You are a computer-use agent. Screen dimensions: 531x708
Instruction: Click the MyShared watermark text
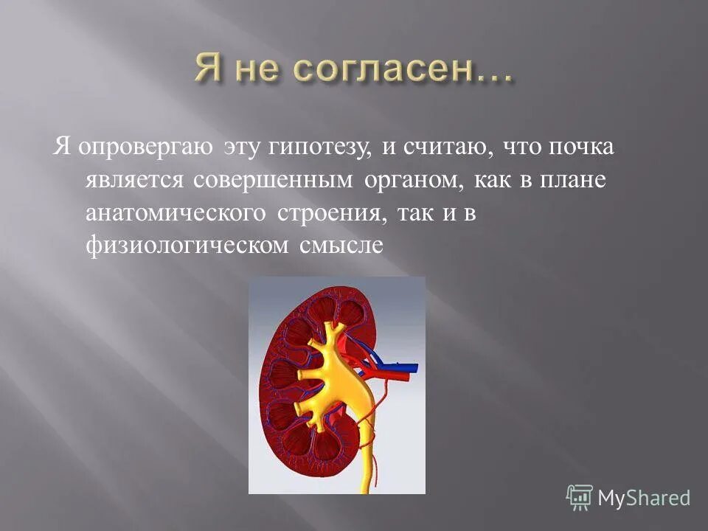coord(644,498)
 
